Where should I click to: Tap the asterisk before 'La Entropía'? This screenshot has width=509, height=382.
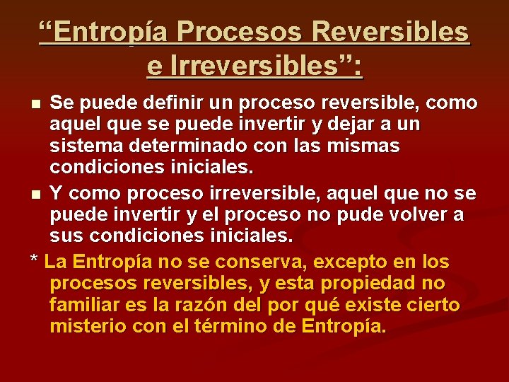(x=34, y=260)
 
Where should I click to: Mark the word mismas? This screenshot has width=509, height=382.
(x=365, y=147)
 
